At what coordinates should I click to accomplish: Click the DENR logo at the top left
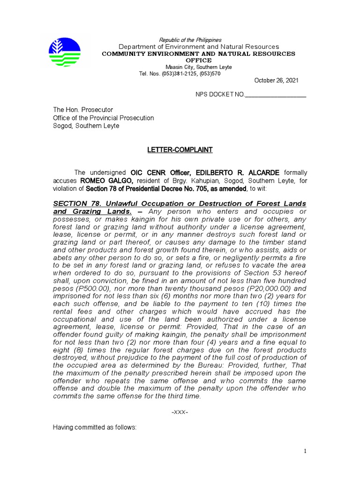pyautogui.click(x=65, y=52)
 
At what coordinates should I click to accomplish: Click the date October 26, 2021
pyautogui.click(x=276, y=81)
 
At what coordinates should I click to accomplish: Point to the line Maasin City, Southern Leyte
pyautogui.click(x=198, y=67)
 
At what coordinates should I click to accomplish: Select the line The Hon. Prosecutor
pyautogui.click(x=82, y=110)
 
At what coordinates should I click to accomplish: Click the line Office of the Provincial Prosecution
pyautogui.click(x=103, y=118)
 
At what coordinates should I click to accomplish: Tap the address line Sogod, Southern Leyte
pyautogui.click(x=86, y=126)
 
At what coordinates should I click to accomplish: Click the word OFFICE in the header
pyautogui.click(x=199, y=60)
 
